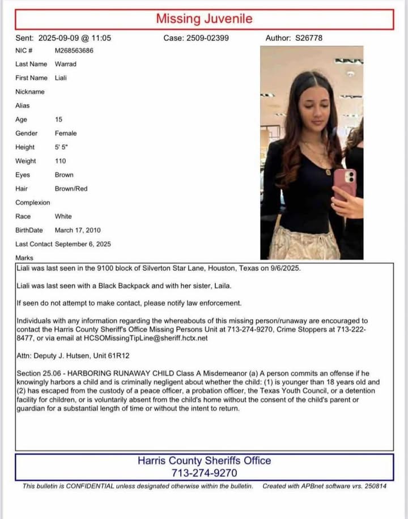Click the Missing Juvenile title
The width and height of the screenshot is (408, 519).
point(204,19)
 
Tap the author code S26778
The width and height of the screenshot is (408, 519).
point(309,39)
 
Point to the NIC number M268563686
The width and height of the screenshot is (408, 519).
point(74,50)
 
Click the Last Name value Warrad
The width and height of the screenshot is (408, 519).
point(66,64)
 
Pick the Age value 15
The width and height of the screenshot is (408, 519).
point(59,120)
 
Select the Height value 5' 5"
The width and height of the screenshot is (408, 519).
point(61,147)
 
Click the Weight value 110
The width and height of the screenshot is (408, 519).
point(61,161)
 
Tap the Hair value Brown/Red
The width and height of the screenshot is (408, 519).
point(71,189)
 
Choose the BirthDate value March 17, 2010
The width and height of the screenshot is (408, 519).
point(78,230)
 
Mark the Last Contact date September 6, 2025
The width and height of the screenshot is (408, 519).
point(83,244)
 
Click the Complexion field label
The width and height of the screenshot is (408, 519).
point(33,203)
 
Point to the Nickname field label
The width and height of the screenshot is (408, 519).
point(30,92)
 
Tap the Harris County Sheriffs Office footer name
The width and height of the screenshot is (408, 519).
point(204,461)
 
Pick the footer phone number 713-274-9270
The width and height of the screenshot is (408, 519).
point(204,473)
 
